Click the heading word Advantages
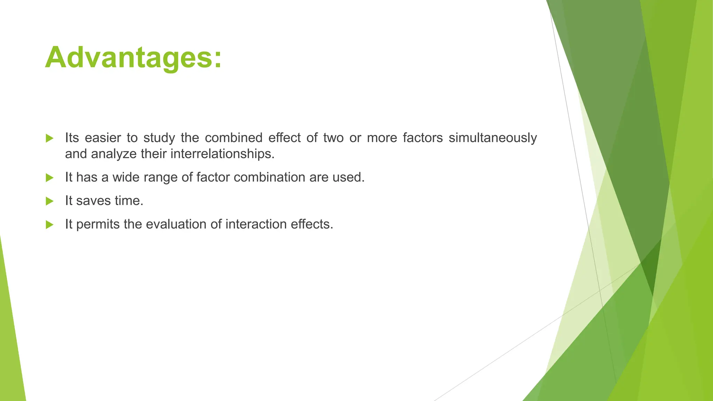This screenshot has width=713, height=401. pyautogui.click(x=133, y=57)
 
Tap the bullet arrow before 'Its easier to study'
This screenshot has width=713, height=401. pyautogui.click(x=49, y=139)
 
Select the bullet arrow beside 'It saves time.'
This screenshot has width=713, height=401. pyautogui.click(x=49, y=201)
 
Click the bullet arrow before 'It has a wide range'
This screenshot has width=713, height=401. pyautogui.click(x=49, y=178)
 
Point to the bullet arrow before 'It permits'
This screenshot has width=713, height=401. pyautogui.click(x=49, y=225)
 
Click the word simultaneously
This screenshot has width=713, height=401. pyautogui.click(x=493, y=138)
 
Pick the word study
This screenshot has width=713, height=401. pyautogui.click(x=159, y=138)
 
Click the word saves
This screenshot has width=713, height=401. pyautogui.click(x=89, y=201)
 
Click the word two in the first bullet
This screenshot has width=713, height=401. pyautogui.click(x=333, y=138)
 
